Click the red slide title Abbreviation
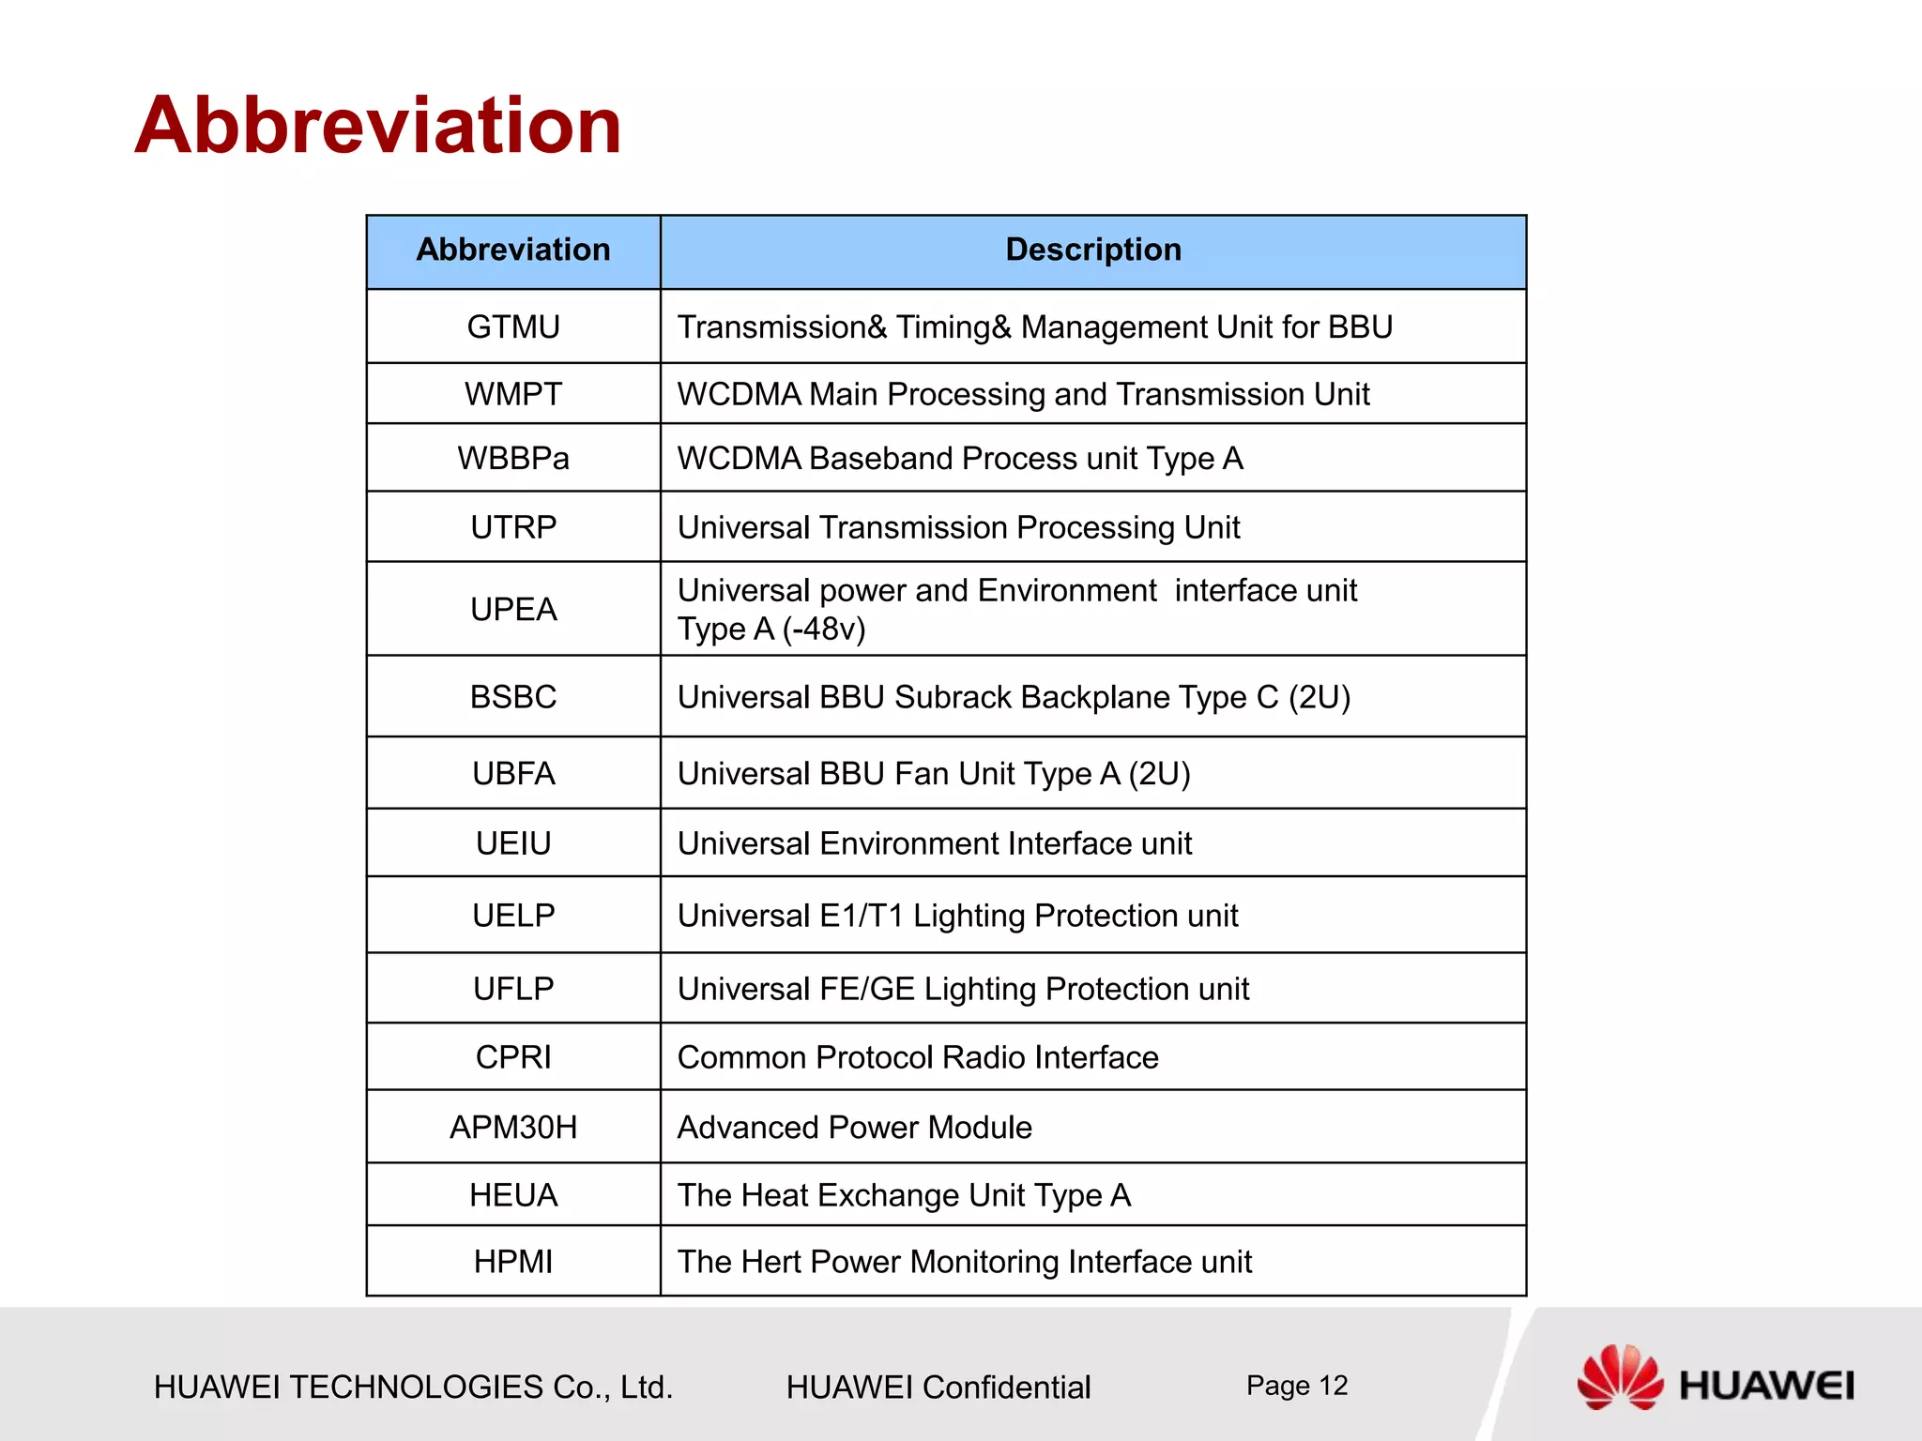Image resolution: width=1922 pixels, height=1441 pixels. [x=378, y=126]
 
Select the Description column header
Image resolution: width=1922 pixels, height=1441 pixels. [x=1092, y=250]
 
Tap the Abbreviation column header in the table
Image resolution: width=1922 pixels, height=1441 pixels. [x=513, y=250]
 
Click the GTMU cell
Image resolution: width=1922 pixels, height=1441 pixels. [x=513, y=327]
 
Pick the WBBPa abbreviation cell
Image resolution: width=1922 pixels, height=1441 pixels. [x=513, y=459]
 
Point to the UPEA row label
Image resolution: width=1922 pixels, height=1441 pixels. [x=513, y=610]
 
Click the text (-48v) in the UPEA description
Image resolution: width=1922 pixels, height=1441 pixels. [x=824, y=629]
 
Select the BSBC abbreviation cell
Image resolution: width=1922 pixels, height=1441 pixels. [x=513, y=697]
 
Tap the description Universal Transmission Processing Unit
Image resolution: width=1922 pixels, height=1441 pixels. [x=958, y=527]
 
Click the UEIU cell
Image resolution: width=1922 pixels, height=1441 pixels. [x=513, y=843]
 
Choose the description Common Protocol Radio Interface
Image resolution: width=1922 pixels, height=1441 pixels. [x=918, y=1057]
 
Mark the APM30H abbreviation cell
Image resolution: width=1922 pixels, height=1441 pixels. [x=513, y=1127]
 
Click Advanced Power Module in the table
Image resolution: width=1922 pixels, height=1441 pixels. [x=854, y=1127]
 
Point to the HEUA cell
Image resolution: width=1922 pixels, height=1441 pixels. [x=513, y=1195]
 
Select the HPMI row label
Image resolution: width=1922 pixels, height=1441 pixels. [x=513, y=1262]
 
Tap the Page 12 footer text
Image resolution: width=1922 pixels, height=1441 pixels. [x=1296, y=1386]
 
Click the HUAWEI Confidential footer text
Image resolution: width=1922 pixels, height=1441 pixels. [x=938, y=1387]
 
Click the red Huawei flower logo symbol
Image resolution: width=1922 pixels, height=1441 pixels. [x=1619, y=1377]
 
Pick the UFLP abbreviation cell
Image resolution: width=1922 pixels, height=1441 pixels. [x=513, y=989]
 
